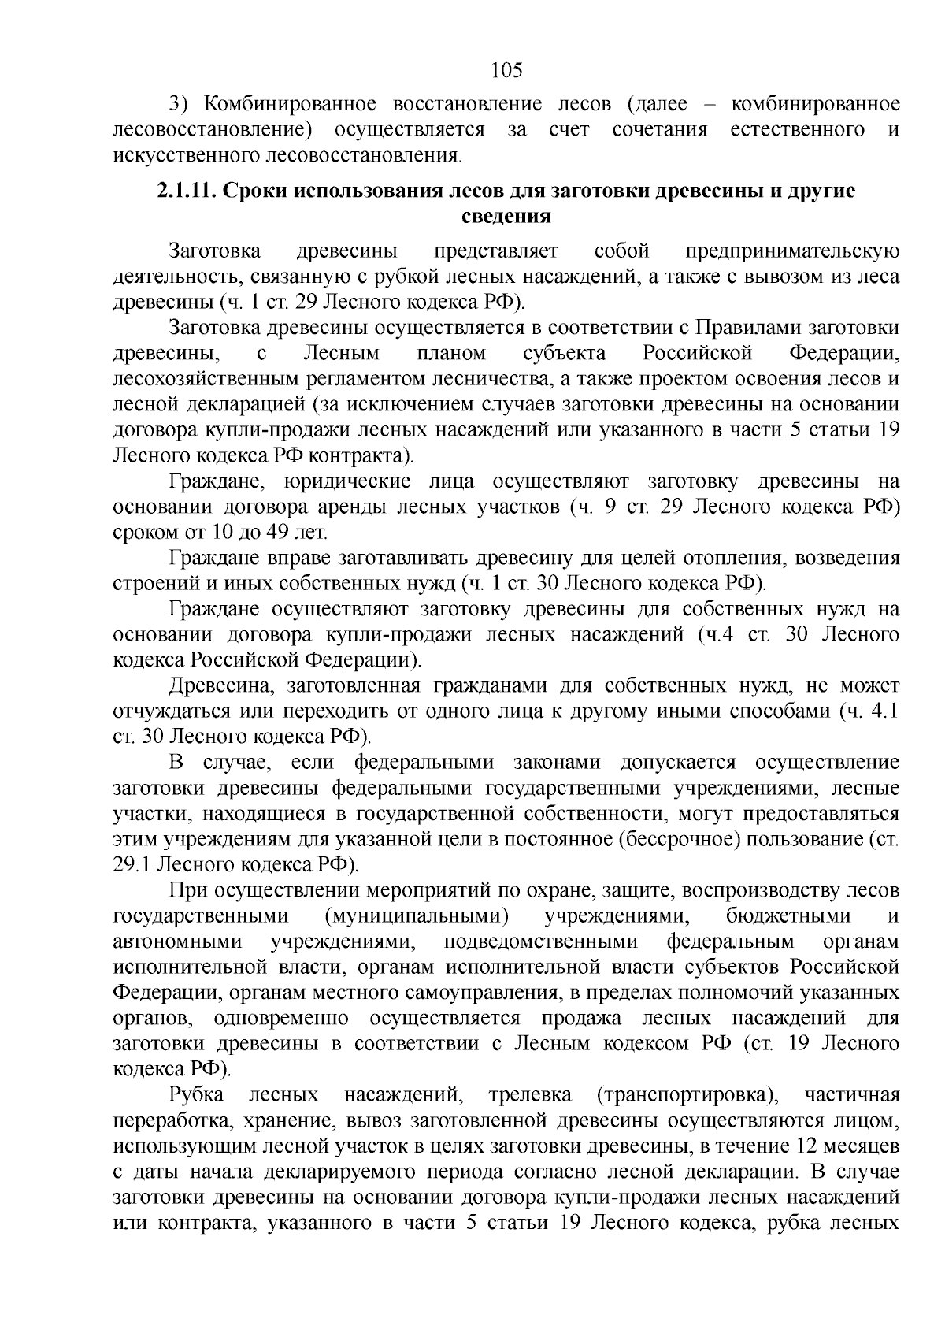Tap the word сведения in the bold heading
pos(505,217)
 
